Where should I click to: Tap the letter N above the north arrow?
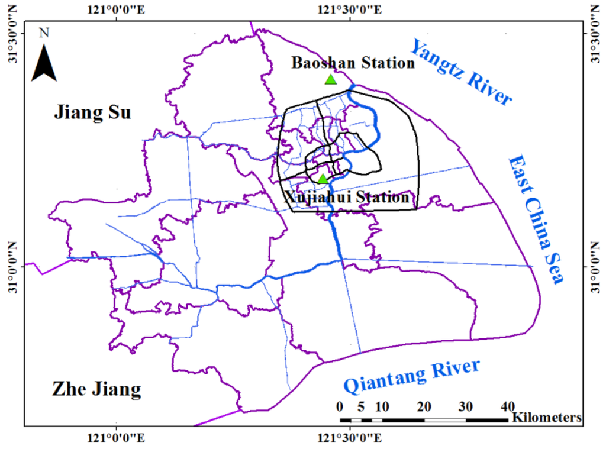click(44, 33)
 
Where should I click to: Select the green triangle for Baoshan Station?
click(331, 80)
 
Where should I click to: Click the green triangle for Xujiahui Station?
click(323, 179)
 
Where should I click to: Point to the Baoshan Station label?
click(353, 63)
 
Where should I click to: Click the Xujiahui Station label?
click(347, 198)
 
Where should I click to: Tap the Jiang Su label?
click(92, 112)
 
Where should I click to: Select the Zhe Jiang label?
click(96, 389)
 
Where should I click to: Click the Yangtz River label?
click(461, 72)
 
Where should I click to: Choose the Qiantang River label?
click(412, 376)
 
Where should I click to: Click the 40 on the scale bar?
click(507, 407)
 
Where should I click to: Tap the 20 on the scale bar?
click(423, 407)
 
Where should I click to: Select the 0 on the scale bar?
click(339, 407)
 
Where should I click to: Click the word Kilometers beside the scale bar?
click(547, 418)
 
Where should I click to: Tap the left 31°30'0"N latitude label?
click(11, 35)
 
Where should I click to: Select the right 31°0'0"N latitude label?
click(596, 267)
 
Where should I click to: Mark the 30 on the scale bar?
click(465, 407)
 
